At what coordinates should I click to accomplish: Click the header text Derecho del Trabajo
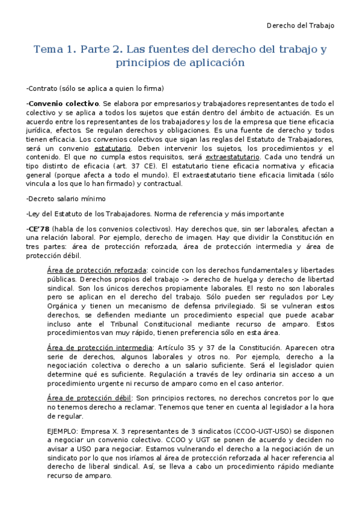pyautogui.click(x=301, y=25)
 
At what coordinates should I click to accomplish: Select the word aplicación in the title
pyautogui.click(x=218, y=63)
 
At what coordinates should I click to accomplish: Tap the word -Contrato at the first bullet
pyautogui.click(x=43, y=88)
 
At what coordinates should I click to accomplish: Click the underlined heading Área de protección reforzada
pyautogui.click(x=96, y=270)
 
